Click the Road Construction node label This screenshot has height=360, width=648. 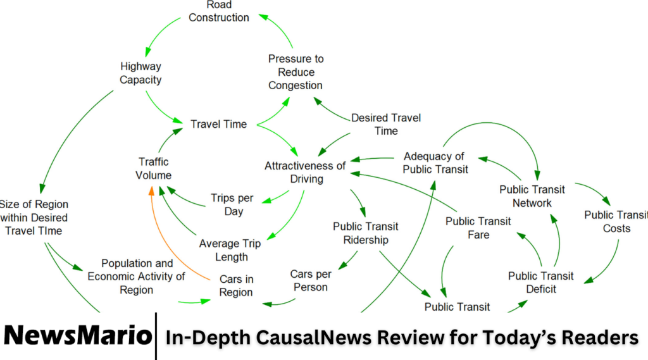(x=219, y=12)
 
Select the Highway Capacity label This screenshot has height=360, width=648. (x=140, y=73)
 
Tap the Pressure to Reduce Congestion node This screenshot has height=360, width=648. (x=296, y=72)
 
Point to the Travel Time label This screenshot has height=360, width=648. (x=218, y=124)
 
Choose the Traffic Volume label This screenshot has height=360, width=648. (x=153, y=168)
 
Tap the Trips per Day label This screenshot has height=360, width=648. (x=233, y=204)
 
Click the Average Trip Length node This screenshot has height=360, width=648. (x=230, y=250)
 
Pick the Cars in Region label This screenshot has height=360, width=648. (x=236, y=285)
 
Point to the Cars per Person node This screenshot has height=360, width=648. (x=310, y=280)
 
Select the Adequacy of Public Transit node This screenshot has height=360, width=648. (x=435, y=163)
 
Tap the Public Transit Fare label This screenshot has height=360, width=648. (x=478, y=228)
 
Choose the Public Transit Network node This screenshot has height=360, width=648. (x=532, y=196)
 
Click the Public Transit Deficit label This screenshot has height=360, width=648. (x=540, y=282)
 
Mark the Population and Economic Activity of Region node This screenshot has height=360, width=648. (x=136, y=276)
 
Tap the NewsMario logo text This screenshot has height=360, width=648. (x=77, y=336)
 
